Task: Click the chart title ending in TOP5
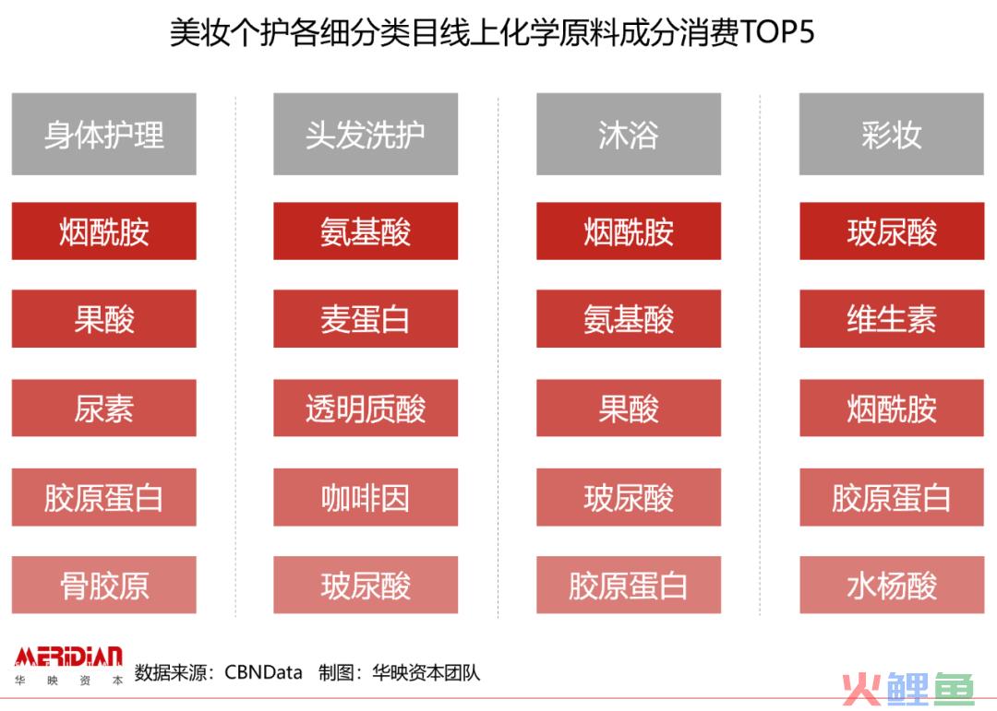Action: (x=491, y=31)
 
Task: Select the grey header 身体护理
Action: (x=103, y=134)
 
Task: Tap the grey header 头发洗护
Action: (x=366, y=134)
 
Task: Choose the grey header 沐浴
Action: (x=629, y=134)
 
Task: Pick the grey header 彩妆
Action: (x=892, y=134)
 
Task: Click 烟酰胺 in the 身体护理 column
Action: (x=103, y=231)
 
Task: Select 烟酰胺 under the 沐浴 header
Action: (x=629, y=231)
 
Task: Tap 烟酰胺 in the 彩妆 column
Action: (x=892, y=408)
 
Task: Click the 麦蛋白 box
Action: (x=366, y=319)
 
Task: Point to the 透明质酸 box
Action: (x=366, y=408)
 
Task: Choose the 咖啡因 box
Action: (x=366, y=497)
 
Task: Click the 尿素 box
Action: (x=103, y=408)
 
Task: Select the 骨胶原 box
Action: (x=103, y=585)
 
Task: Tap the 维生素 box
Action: (x=892, y=319)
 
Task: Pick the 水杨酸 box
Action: (x=892, y=585)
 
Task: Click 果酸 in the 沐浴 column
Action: (x=629, y=408)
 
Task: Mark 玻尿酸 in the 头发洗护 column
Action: (x=366, y=585)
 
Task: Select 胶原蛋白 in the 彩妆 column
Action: (x=892, y=497)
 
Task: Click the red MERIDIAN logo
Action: (x=68, y=657)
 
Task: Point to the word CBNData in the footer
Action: (x=263, y=672)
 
